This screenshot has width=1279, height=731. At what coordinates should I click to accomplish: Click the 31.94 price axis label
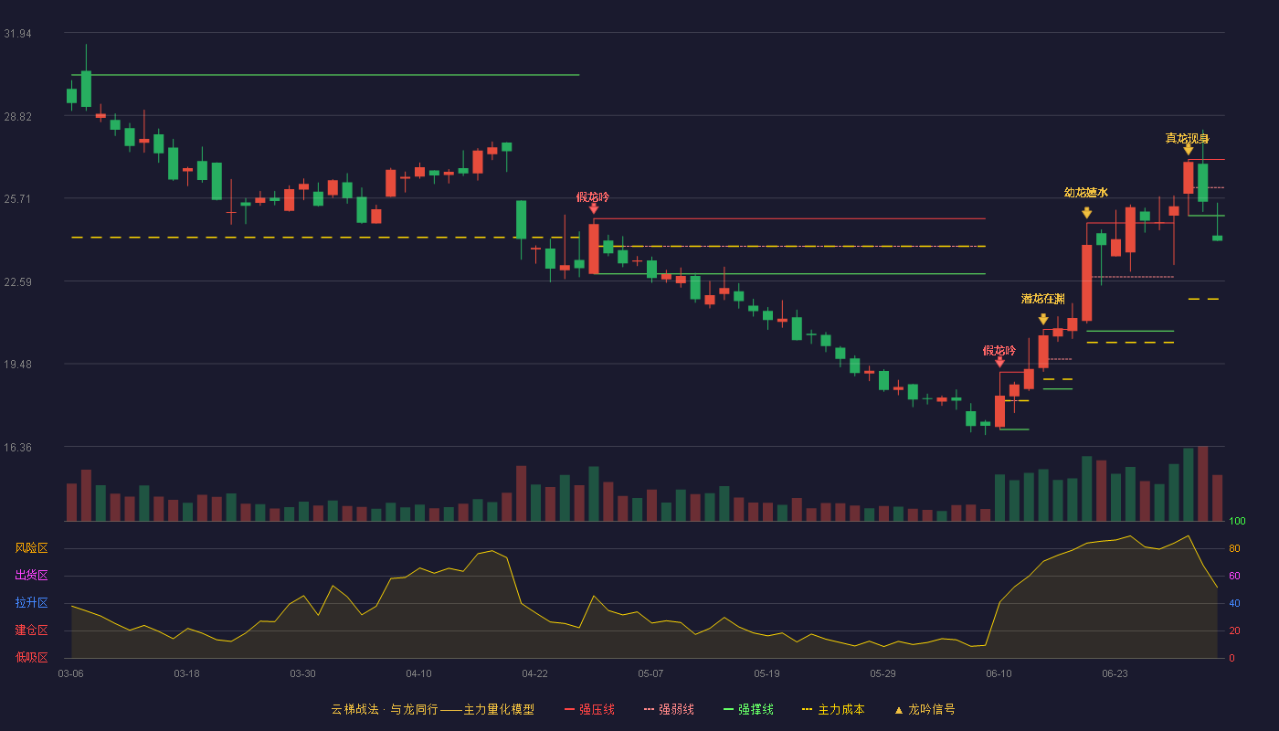[x=17, y=34]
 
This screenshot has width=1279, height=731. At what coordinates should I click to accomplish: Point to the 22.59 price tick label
[x=17, y=282]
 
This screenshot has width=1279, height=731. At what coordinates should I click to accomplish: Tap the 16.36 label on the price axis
[x=17, y=448]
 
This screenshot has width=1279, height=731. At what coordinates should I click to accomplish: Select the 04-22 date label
[x=534, y=674]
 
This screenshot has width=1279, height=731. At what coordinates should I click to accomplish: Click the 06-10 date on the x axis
[x=999, y=674]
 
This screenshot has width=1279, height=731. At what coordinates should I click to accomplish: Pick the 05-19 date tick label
[x=766, y=674]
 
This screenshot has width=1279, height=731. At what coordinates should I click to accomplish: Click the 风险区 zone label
[x=31, y=548]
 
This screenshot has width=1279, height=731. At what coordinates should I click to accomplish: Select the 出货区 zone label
[x=31, y=575]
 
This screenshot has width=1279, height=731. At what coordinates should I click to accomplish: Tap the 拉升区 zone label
[x=31, y=602]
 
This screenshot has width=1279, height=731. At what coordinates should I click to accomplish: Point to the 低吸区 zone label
[x=31, y=657]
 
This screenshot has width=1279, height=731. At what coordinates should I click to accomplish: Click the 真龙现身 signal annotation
[x=1187, y=138]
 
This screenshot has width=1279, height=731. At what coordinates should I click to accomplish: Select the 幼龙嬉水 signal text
[x=1086, y=193]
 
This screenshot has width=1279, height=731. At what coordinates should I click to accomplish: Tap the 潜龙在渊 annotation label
[x=1042, y=299]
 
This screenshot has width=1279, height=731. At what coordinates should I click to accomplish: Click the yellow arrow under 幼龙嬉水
[x=1086, y=212]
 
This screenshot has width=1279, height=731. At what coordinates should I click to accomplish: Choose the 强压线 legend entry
[x=589, y=709]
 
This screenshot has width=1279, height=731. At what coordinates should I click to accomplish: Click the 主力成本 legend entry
[x=833, y=709]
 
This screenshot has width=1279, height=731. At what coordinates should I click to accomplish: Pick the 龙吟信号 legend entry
[x=925, y=709]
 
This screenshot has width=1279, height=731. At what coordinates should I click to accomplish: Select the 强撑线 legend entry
[x=748, y=709]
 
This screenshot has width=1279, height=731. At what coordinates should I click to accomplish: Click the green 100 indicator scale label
[x=1237, y=521]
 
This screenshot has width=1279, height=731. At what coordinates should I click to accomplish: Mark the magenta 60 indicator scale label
[x=1234, y=576]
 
